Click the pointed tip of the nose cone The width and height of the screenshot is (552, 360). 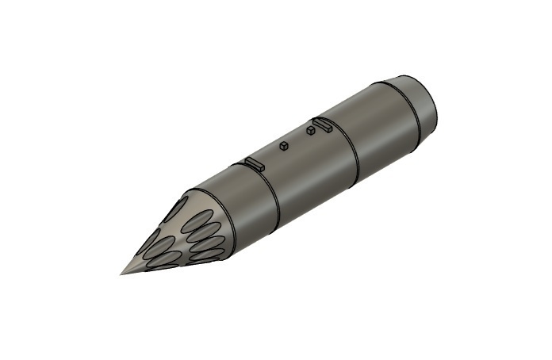pos(121,274)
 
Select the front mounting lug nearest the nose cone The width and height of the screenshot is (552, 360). pos(254,163)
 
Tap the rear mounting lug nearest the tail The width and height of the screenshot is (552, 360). pos(322,123)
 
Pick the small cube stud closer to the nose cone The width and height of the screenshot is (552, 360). pos(283,146)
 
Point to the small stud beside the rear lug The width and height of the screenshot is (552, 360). pos(310,131)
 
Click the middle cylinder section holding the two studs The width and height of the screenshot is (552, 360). pos(305,167)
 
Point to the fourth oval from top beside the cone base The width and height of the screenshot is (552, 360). pos(205,255)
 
